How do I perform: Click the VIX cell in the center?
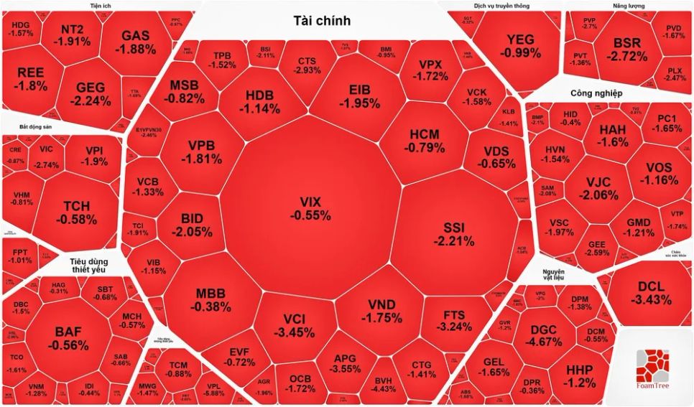click(310, 208)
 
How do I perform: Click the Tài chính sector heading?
click(322, 21)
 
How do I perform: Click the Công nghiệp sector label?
click(596, 93)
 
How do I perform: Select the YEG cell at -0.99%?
click(520, 46)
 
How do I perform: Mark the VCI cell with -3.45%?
click(298, 325)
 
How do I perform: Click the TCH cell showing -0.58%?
click(76, 211)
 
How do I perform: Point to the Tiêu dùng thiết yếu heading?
click(93, 267)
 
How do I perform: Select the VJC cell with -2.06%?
click(598, 187)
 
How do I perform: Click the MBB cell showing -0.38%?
click(211, 300)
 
